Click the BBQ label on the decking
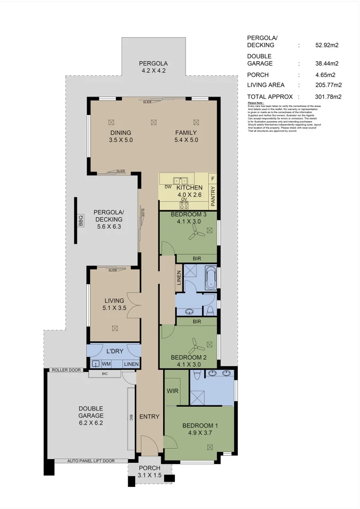pos(81,220)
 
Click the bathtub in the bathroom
pos(211,278)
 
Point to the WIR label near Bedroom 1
pos(172,391)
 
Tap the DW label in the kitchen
pos(168,187)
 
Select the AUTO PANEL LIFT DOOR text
pos(90,460)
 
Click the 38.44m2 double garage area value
pos(327,63)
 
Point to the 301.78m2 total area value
pos(328,97)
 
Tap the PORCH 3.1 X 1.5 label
pos(150,472)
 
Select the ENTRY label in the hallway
pos(149,417)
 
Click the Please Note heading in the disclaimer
pos(256,103)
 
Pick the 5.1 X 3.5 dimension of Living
pos(115,308)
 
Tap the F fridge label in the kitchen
pos(213,179)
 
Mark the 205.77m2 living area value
pos(328,85)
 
